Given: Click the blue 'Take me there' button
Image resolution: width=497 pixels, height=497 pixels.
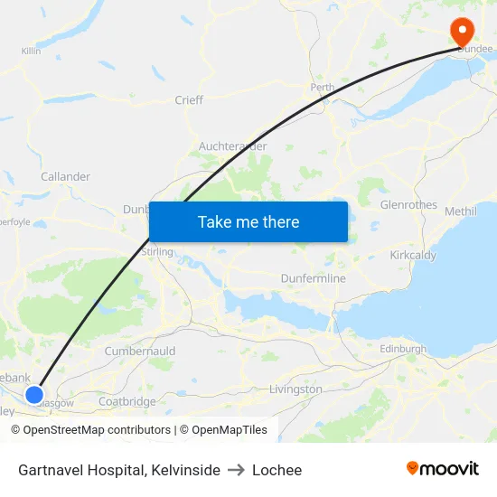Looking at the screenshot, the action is pyautogui.click(x=248, y=221).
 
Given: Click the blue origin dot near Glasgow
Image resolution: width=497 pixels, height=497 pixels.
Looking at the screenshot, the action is pyautogui.click(x=34, y=394).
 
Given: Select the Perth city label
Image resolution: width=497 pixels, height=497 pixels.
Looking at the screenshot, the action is pyautogui.click(x=322, y=88).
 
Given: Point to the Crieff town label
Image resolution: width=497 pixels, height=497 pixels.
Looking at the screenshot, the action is pyautogui.click(x=189, y=100).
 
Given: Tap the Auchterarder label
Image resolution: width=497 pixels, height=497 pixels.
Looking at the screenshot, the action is pyautogui.click(x=232, y=145).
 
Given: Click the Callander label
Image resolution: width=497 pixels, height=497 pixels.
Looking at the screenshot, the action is pyautogui.click(x=65, y=176).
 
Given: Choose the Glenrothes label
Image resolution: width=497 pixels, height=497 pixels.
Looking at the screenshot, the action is pyautogui.click(x=408, y=205).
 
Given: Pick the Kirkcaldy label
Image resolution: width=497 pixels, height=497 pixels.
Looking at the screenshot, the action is pyautogui.click(x=413, y=256).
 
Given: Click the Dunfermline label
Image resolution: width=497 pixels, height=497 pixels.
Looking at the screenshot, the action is pyautogui.click(x=313, y=278).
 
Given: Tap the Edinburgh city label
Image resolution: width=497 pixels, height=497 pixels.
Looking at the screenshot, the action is pyautogui.click(x=403, y=349).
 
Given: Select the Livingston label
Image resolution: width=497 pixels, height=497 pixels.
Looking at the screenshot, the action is pyautogui.click(x=295, y=389).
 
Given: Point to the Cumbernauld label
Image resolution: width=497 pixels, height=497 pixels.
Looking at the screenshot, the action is pyautogui.click(x=139, y=351).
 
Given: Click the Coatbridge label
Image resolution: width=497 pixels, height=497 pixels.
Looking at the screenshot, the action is pyautogui.click(x=127, y=401).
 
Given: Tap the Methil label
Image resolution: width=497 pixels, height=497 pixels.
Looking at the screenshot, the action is pyautogui.click(x=460, y=211).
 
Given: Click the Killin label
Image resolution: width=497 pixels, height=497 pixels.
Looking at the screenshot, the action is pyautogui.click(x=31, y=52).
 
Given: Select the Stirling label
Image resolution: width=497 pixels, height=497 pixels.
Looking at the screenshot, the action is pyautogui.click(x=158, y=252).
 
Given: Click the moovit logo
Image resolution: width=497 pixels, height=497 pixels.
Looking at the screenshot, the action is pyautogui.click(x=443, y=469).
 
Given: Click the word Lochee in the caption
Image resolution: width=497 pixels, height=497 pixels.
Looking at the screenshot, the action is pyautogui.click(x=277, y=470).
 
